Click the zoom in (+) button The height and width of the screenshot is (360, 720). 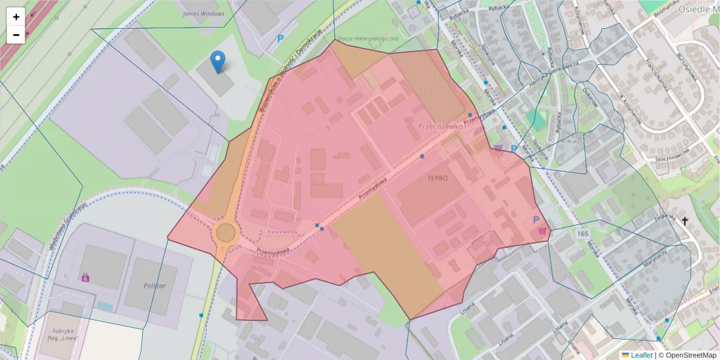click(16, 17)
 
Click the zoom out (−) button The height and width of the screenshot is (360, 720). click(16, 35)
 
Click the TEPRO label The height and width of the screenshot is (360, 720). click(437, 178)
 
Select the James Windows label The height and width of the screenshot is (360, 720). click(203, 14)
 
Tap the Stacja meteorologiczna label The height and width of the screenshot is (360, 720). click(368, 39)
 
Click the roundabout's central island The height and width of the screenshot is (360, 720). click(226, 232)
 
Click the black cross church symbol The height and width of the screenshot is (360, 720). click(685, 221)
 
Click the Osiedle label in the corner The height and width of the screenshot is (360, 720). click(698, 10)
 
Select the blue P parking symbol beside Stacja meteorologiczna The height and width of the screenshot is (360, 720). click(280, 38)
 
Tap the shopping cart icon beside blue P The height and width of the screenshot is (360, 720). click(544, 230)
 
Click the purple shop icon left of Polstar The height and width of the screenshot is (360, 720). click(85, 277)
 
